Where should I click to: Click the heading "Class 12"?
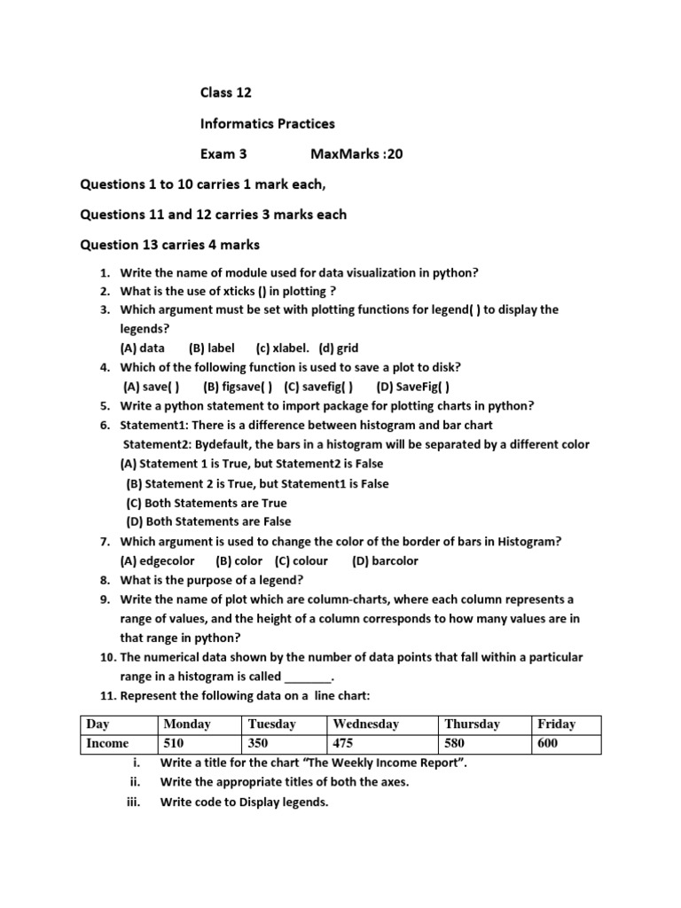(225, 93)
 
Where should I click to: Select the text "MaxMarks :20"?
(356, 154)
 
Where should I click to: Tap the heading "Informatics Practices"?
(267, 123)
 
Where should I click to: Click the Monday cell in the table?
(187, 724)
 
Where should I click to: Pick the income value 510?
(175, 743)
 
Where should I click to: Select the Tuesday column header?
(272, 724)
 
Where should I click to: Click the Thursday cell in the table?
(472, 724)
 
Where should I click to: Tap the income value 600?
(547, 743)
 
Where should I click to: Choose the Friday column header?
(556, 724)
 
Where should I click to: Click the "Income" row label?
(107, 743)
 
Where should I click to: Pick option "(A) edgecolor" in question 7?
(157, 560)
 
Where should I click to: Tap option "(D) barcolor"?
(385, 560)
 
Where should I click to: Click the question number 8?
(104, 580)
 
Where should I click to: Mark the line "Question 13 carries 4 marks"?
(169, 244)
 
